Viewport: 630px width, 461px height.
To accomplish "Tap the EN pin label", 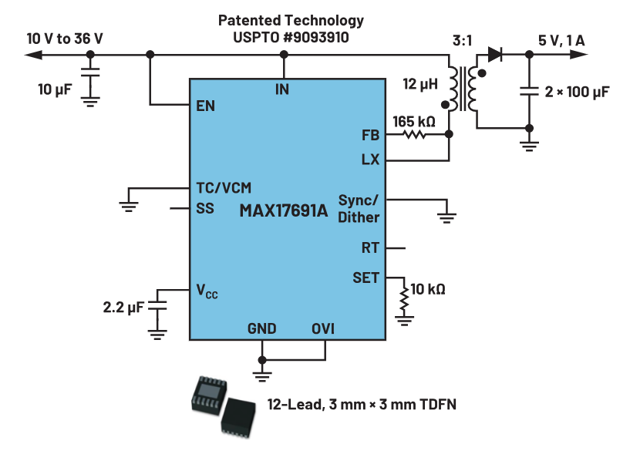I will click(206, 106).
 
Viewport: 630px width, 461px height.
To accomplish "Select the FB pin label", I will click(370, 135).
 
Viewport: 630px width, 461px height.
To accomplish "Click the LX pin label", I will click(370, 160).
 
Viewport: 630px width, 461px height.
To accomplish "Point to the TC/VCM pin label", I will click(224, 187).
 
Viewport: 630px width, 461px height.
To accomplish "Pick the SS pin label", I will click(205, 209).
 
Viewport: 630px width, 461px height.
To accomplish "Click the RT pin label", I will click(370, 249).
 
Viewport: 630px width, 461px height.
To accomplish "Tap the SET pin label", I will click(366, 278).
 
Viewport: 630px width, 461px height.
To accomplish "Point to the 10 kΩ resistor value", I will click(428, 290).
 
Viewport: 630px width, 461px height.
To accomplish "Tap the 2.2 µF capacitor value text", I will click(123, 308).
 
